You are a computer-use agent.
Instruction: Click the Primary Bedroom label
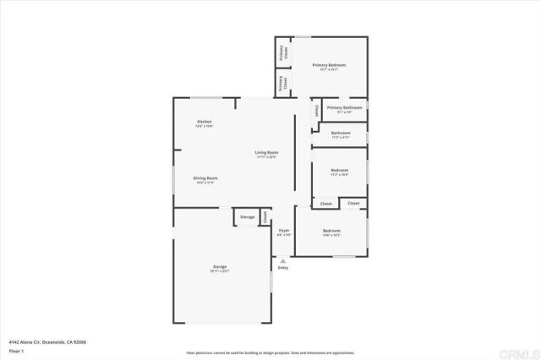[x=329, y=65]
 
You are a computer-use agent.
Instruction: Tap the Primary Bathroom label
[x=345, y=108]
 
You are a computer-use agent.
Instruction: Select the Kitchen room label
[x=205, y=123]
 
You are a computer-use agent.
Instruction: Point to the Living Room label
[x=266, y=152]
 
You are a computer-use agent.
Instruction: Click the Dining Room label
[x=205, y=177]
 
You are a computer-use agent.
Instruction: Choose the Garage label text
[x=219, y=267]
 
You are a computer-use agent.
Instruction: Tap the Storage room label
[x=246, y=217]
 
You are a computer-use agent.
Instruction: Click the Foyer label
[x=284, y=231]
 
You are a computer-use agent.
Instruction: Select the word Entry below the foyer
[x=283, y=267]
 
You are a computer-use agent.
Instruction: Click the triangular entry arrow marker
[x=283, y=260]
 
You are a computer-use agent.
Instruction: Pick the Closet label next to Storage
[x=265, y=217]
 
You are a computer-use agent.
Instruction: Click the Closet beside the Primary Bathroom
[x=317, y=111]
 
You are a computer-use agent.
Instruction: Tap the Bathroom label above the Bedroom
[x=341, y=133]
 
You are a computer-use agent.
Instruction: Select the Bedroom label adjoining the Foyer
[x=331, y=231]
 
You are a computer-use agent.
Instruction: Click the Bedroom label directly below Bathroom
[x=340, y=172]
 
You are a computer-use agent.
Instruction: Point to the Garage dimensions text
[x=219, y=271]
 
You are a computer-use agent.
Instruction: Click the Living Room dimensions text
[x=266, y=156]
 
